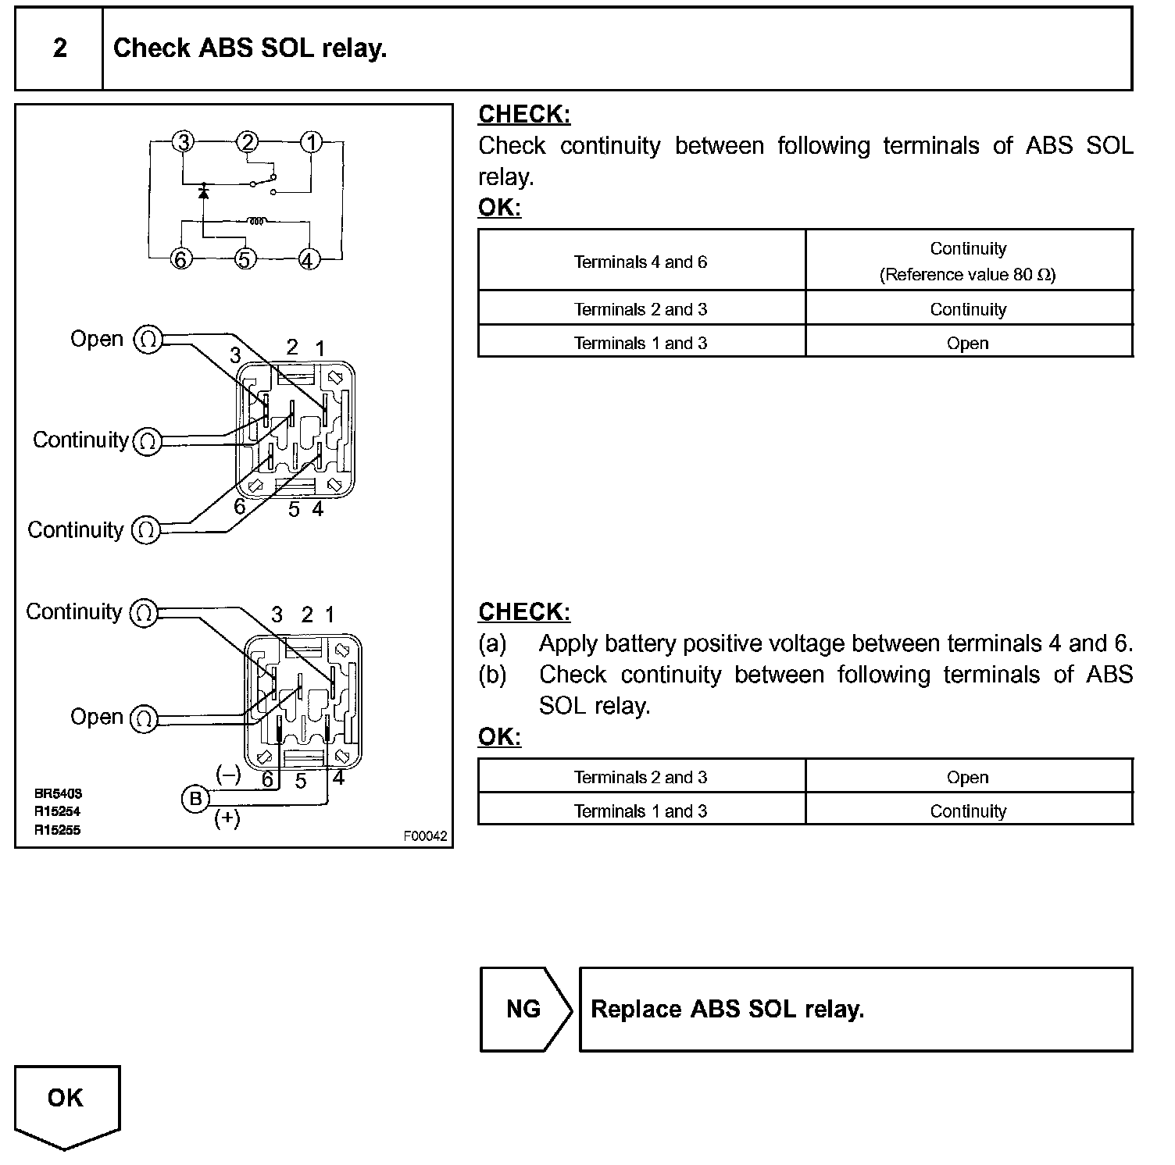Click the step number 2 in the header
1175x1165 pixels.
(x=60, y=48)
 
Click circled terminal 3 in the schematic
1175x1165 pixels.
(x=183, y=142)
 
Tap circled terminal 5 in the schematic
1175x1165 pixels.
(x=245, y=259)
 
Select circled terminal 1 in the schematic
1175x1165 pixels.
(x=311, y=142)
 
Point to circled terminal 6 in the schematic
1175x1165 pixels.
(x=181, y=259)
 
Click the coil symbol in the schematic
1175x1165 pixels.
(x=255, y=221)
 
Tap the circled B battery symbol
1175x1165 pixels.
(x=195, y=799)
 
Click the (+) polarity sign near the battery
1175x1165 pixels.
(x=227, y=818)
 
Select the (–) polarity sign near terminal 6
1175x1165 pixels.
(x=228, y=775)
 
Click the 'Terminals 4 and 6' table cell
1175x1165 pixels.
(x=641, y=262)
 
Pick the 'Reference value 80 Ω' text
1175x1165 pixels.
(x=968, y=275)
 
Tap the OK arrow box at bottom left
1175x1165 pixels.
(x=66, y=1101)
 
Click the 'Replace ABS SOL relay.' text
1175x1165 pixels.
(x=727, y=1010)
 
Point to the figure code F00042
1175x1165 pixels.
(x=425, y=836)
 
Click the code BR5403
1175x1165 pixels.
(x=58, y=793)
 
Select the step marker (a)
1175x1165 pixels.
(x=492, y=643)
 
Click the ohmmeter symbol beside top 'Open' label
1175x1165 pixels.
(x=148, y=340)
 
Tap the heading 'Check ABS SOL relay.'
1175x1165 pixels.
(x=250, y=48)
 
